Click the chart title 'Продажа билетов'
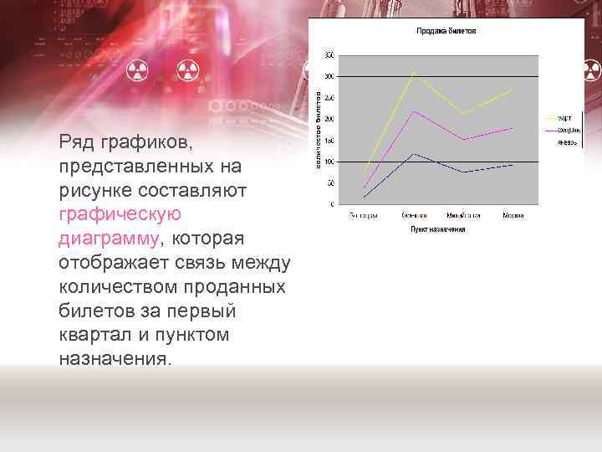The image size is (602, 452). coord(446,31)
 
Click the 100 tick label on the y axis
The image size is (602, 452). coord(329,162)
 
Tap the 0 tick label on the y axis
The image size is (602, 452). coord(332,204)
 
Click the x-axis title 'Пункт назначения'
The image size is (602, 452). coord(437,229)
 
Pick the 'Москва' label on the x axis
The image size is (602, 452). coord(513,216)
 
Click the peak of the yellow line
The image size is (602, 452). coord(412,72)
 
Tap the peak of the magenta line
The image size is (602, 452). coord(412,110)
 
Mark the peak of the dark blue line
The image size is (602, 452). coord(412,153)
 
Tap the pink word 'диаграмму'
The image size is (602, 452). coord(108,239)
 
